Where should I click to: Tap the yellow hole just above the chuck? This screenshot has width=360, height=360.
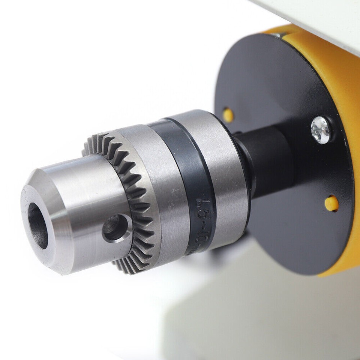coord(228,115)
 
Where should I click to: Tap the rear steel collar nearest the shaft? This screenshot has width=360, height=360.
coord(221,157)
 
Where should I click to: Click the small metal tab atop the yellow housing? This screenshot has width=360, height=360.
coord(278,34)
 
